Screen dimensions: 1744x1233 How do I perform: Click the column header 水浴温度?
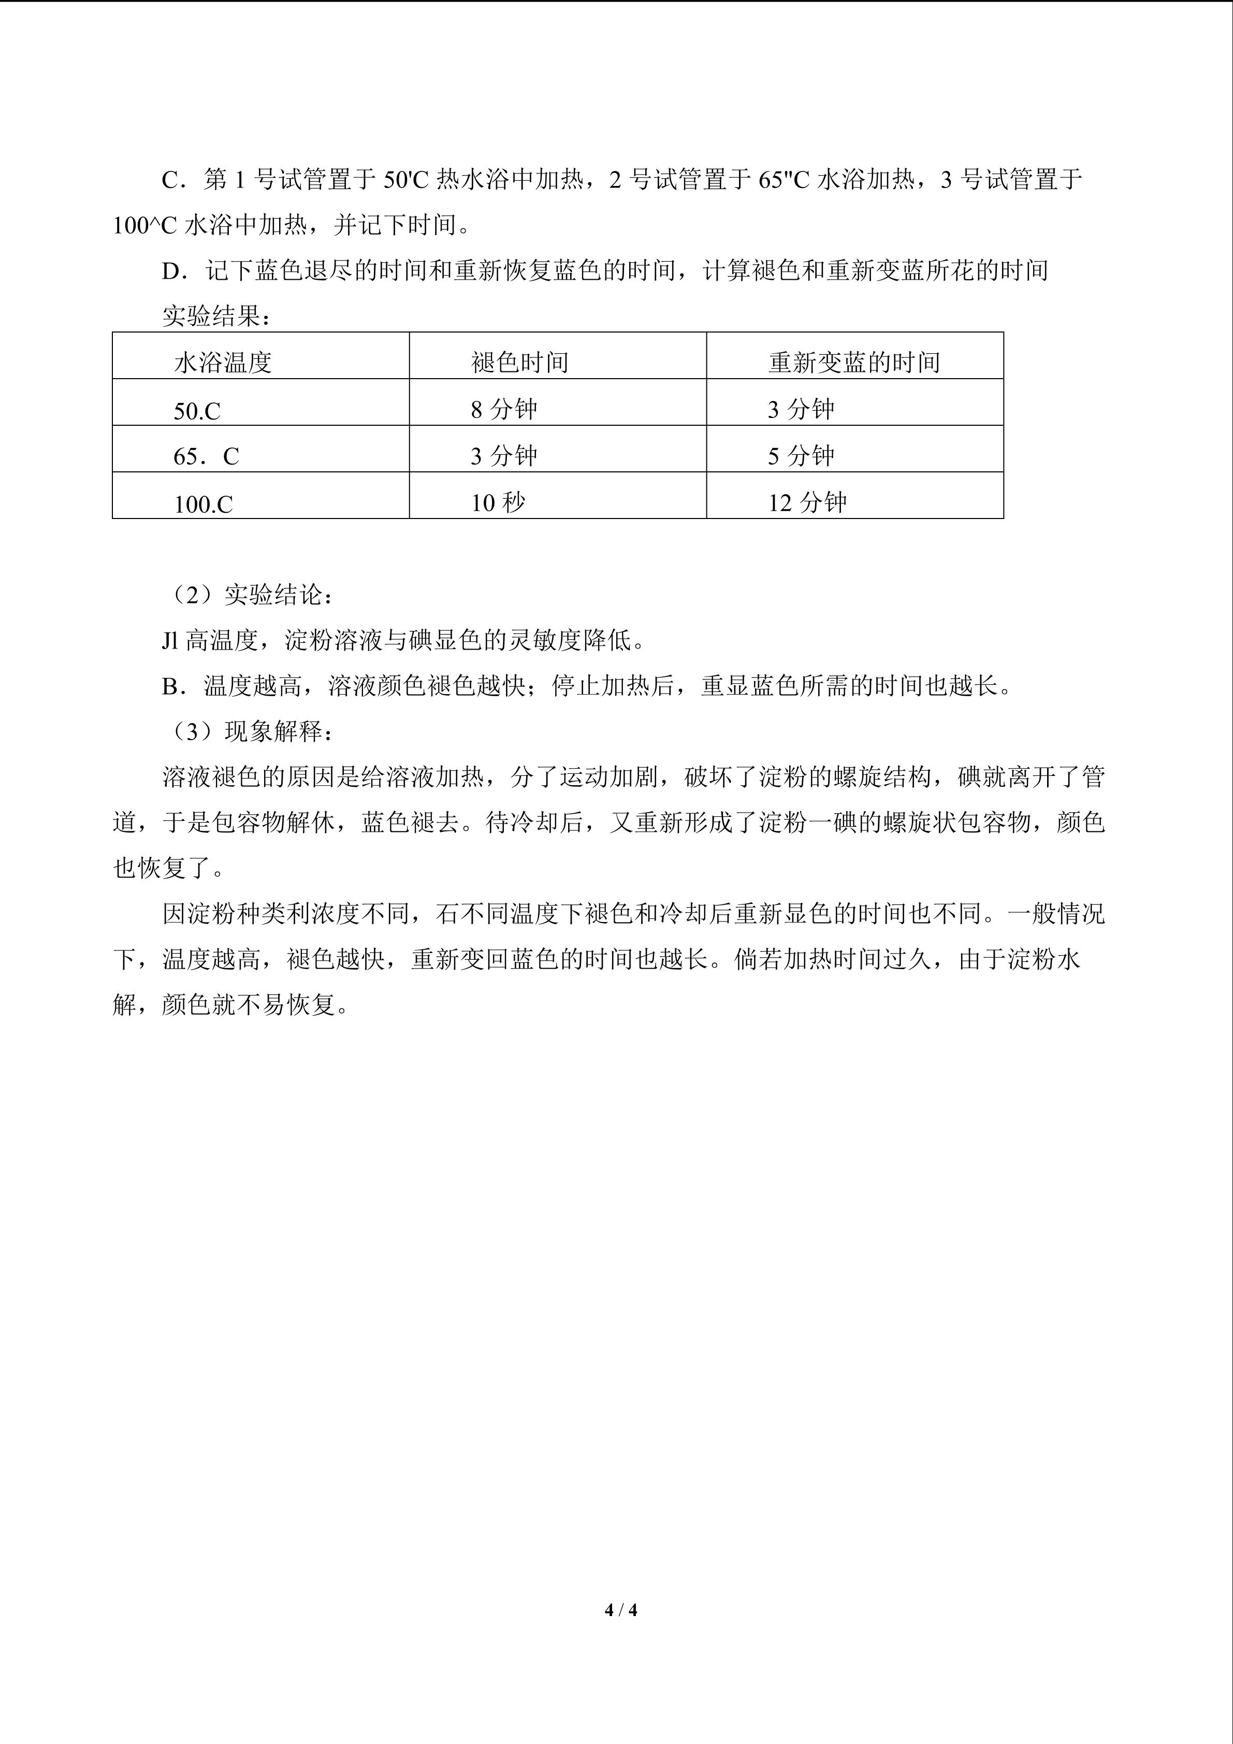(x=223, y=363)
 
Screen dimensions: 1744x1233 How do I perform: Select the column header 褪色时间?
(x=519, y=363)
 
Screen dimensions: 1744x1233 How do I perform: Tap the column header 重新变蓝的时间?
(x=853, y=363)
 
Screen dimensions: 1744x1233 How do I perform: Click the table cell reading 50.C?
(x=197, y=411)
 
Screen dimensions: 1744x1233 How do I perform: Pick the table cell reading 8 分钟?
(x=503, y=409)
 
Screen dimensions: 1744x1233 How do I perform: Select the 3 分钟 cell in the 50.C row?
(x=800, y=409)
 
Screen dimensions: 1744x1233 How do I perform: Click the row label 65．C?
(x=206, y=456)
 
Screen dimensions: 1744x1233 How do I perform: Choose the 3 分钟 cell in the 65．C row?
(x=503, y=456)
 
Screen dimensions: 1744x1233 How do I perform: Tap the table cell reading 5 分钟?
(x=800, y=456)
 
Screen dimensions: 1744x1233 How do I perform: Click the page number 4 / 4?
(x=620, y=1609)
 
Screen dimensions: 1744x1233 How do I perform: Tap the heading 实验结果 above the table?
(x=216, y=316)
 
